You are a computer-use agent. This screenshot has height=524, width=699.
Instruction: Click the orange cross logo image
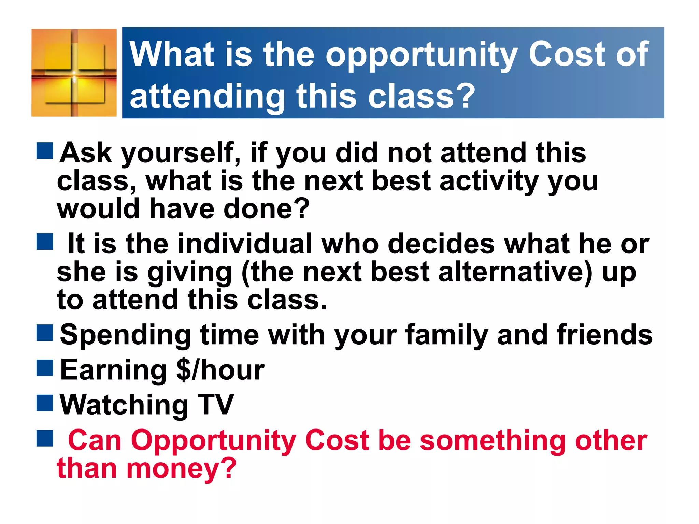point(74,73)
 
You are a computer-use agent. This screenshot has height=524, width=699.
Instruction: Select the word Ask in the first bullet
point(86,153)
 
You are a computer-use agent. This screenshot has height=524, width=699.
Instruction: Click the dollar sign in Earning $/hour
point(184,370)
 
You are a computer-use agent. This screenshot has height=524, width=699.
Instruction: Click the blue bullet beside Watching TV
point(45,403)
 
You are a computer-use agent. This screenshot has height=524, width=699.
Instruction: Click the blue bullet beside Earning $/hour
point(45,368)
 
